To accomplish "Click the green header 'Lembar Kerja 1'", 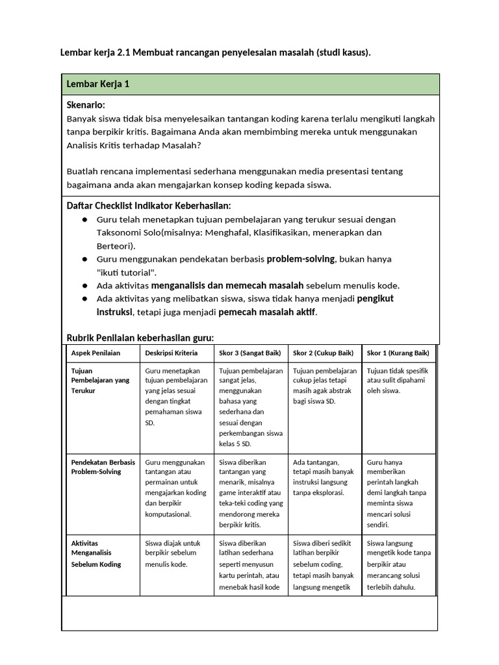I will (97, 85).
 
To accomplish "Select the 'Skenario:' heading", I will (86, 105).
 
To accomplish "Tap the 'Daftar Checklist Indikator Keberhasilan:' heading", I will (149, 206).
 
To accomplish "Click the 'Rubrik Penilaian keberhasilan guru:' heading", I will (140, 338).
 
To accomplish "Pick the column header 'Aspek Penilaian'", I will (96, 353).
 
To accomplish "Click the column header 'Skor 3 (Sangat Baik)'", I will (250, 353).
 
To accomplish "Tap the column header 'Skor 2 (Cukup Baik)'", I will (323, 353).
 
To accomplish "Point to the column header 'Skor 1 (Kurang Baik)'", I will (398, 353).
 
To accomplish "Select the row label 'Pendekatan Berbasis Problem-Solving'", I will (103, 467).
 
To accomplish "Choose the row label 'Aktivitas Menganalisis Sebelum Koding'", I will (96, 553).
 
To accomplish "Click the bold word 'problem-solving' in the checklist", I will (301, 259).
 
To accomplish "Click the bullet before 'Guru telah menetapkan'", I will (84, 220).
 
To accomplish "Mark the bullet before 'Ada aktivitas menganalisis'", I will (84, 286).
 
